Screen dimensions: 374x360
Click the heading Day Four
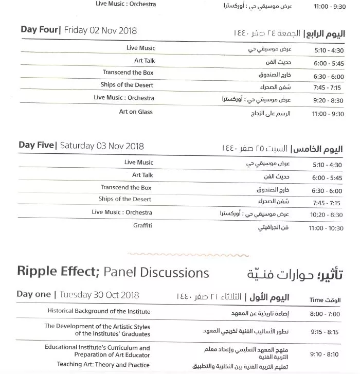coord(39,30)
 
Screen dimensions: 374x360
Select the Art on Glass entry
coord(136,112)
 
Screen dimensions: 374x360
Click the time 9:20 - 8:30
coord(329,101)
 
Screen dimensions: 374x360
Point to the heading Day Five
coord(35,145)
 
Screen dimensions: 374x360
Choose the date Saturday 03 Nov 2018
coord(102,146)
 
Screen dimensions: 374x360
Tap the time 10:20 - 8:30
coord(327,216)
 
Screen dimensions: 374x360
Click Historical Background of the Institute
coord(99,311)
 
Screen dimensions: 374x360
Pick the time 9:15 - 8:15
coord(326,332)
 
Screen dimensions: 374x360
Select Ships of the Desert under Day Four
coord(127,85)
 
